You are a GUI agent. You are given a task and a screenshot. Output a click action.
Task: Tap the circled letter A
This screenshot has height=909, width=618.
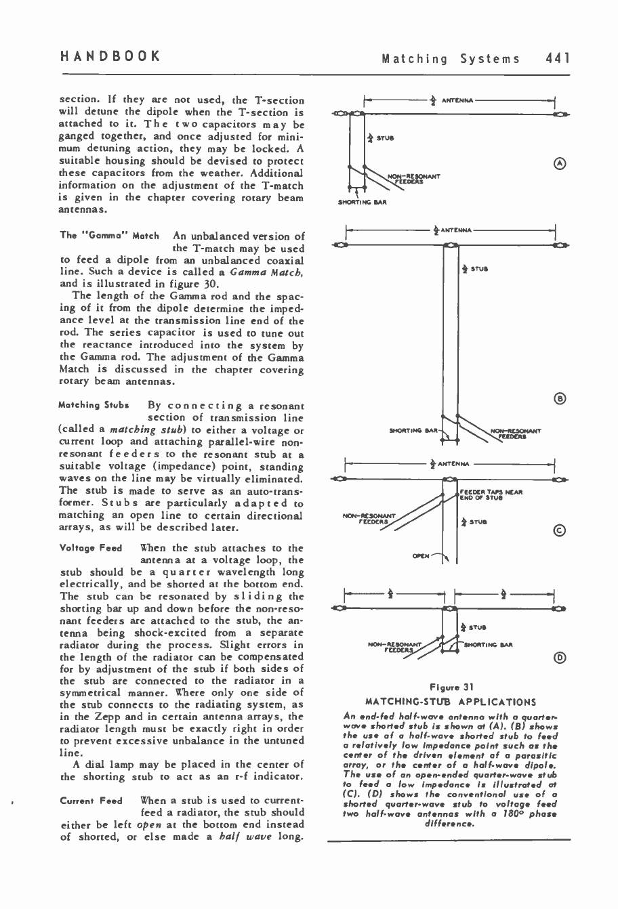click(559, 163)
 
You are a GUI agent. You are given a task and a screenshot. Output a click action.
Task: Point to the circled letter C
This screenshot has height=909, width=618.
click(559, 531)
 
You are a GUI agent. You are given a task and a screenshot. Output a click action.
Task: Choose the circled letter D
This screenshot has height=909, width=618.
click(559, 656)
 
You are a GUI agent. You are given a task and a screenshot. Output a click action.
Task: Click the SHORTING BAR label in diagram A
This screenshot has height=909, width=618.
click(363, 202)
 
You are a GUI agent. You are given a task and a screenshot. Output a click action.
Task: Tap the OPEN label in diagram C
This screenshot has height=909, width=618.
click(421, 555)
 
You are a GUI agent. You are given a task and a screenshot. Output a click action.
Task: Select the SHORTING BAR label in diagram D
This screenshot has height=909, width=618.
click(489, 645)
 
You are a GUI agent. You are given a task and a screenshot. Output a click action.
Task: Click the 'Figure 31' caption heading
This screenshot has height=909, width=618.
click(450, 688)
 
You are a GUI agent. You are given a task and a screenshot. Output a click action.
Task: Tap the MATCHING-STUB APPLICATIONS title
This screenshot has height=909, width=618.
click(450, 702)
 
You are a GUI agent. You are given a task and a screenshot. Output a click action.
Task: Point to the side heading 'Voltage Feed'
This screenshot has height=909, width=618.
click(90, 548)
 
